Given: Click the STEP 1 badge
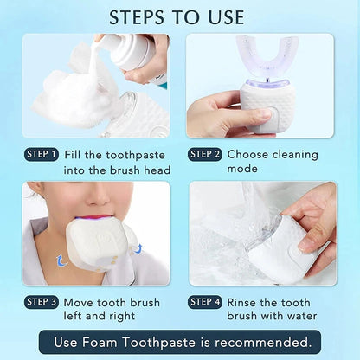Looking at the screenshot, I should coord(42,155).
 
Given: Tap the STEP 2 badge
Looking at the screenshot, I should coord(205,155).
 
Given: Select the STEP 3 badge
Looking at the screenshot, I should coord(42,302).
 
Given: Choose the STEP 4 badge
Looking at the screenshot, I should coord(205,302).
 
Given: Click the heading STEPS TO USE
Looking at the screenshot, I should coord(180,16).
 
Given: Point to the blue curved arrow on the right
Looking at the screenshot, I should coord(137,249).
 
